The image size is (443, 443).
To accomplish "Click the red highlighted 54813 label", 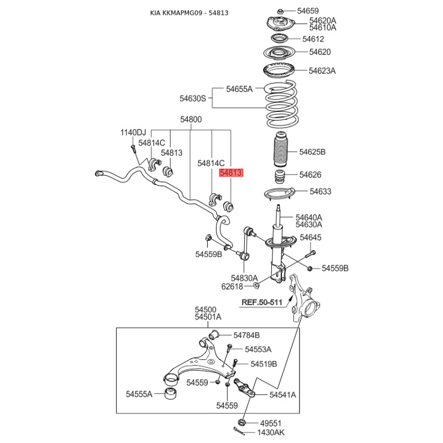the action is (231, 173).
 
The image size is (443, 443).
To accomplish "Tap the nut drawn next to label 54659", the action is (280, 12).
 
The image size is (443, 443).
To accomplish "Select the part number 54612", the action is (313, 39).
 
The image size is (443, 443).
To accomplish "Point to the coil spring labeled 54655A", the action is (281, 104).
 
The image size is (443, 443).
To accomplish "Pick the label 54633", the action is (321, 192).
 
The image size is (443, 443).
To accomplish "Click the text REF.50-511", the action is (262, 302).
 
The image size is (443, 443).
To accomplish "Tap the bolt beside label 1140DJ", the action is (133, 149).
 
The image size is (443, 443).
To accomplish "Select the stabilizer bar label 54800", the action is (191, 120).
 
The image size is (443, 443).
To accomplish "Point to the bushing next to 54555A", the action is (171, 394).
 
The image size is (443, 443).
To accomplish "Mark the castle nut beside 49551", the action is (241, 423).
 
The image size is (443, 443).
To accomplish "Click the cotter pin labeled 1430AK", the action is (239, 431).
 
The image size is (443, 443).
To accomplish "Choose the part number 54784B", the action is (246, 336).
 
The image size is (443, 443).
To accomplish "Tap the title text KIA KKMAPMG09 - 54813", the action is (189, 13).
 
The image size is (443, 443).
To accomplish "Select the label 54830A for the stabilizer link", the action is (244, 279).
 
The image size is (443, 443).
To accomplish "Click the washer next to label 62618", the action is (256, 286).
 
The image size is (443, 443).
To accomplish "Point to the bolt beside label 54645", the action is (311, 254).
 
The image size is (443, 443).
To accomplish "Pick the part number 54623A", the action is (322, 71).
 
